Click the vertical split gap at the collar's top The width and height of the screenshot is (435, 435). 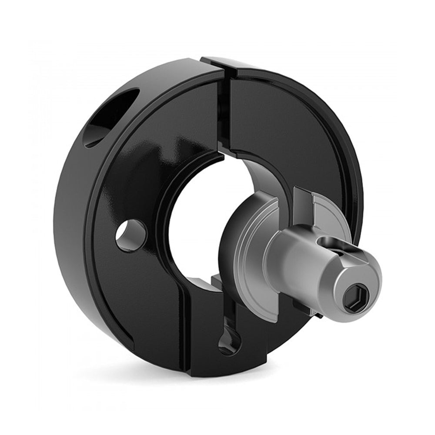[223, 109]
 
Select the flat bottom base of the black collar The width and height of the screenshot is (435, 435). [226, 368]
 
